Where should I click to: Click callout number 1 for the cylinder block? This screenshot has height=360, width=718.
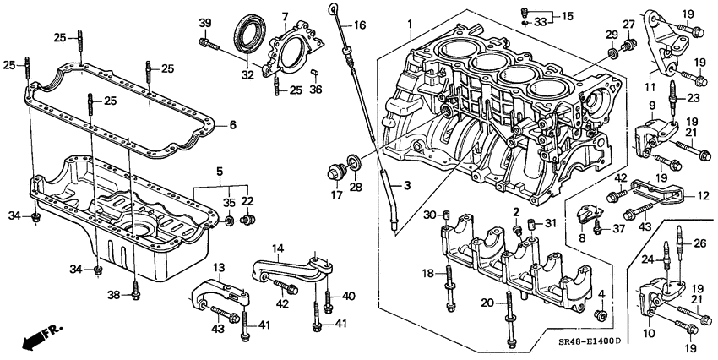click(x=411, y=23)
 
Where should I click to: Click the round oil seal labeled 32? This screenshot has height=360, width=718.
click(x=248, y=35)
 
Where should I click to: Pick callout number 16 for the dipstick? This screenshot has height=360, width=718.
click(x=359, y=26)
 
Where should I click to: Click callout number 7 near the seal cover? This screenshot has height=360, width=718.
click(x=285, y=16)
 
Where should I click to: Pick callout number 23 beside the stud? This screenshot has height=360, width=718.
click(x=694, y=97)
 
